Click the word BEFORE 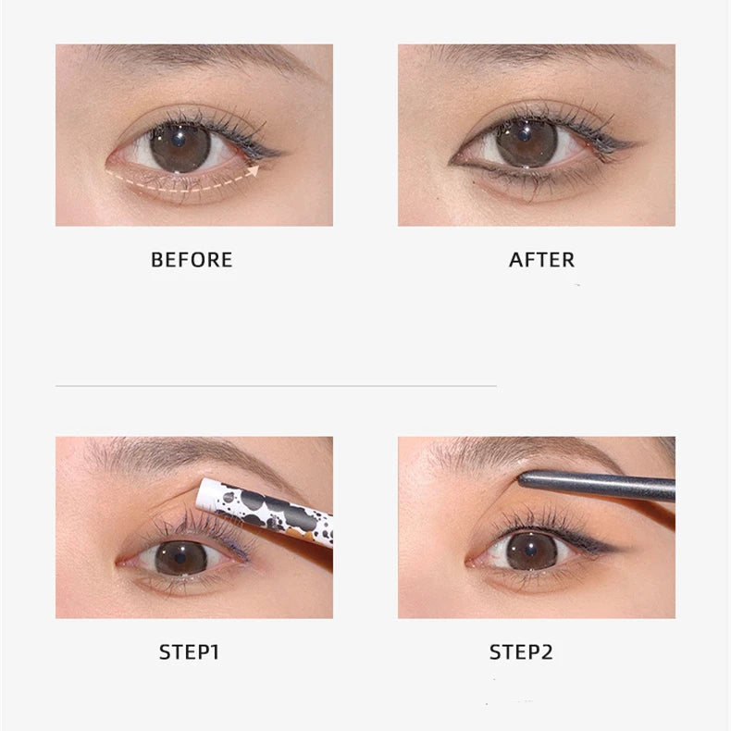coord(192,260)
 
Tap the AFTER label coord(541,260)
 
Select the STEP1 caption coord(189,652)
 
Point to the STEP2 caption coord(521,652)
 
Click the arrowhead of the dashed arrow coord(254,170)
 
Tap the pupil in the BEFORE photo coord(179,139)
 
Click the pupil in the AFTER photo coord(525,135)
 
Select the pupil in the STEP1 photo coord(180,558)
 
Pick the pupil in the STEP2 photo coord(531,551)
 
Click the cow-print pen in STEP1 coord(265,511)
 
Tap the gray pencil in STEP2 coord(597,485)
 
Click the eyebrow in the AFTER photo coord(540,56)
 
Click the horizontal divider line coord(276,386)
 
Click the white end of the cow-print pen coord(206,494)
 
